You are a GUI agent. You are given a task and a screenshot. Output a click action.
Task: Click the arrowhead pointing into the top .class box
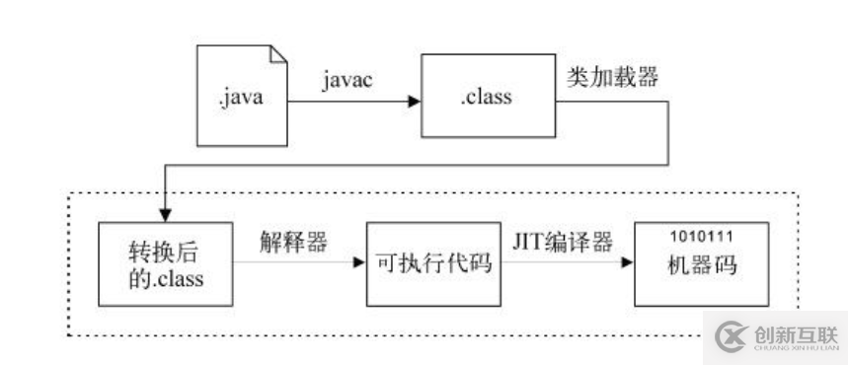coord(416,100)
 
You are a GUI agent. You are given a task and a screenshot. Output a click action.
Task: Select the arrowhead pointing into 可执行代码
coord(359,263)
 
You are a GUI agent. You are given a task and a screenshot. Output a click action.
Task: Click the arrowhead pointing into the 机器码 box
coord(628,263)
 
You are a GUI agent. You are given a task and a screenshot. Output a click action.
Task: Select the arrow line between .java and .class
coord(350,100)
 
